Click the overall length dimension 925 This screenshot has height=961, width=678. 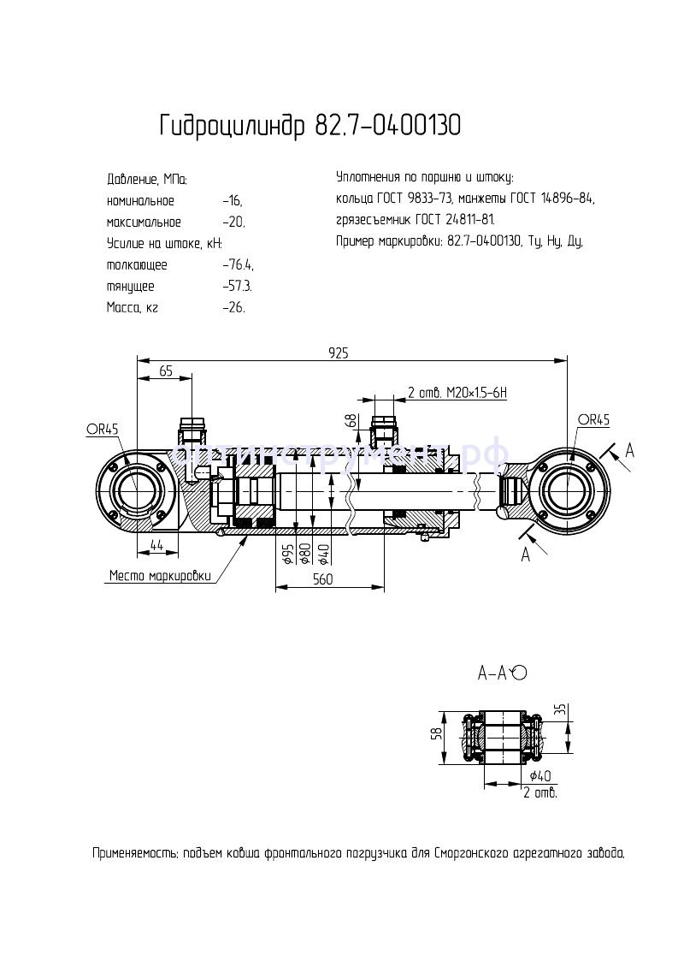coord(339,353)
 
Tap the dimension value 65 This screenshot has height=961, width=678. coord(166,371)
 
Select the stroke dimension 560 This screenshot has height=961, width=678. coord(321,579)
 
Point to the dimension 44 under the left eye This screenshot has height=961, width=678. coord(157,544)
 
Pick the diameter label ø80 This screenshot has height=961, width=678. coord(305,554)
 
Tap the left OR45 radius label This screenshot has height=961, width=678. coord(102,430)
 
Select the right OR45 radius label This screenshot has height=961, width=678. coord(593,419)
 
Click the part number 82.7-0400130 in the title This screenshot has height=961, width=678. coord(388,127)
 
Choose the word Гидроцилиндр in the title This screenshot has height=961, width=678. coord(232,127)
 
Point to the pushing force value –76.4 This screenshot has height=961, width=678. coord(238,265)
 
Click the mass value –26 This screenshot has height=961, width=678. coord(233,307)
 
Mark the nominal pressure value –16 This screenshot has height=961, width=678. coord(232,201)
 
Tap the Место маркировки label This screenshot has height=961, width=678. coord(159,576)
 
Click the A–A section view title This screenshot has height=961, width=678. coord(492,673)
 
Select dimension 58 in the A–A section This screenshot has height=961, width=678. coord(436,733)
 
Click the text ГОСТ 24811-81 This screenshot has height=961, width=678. coord(454,220)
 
